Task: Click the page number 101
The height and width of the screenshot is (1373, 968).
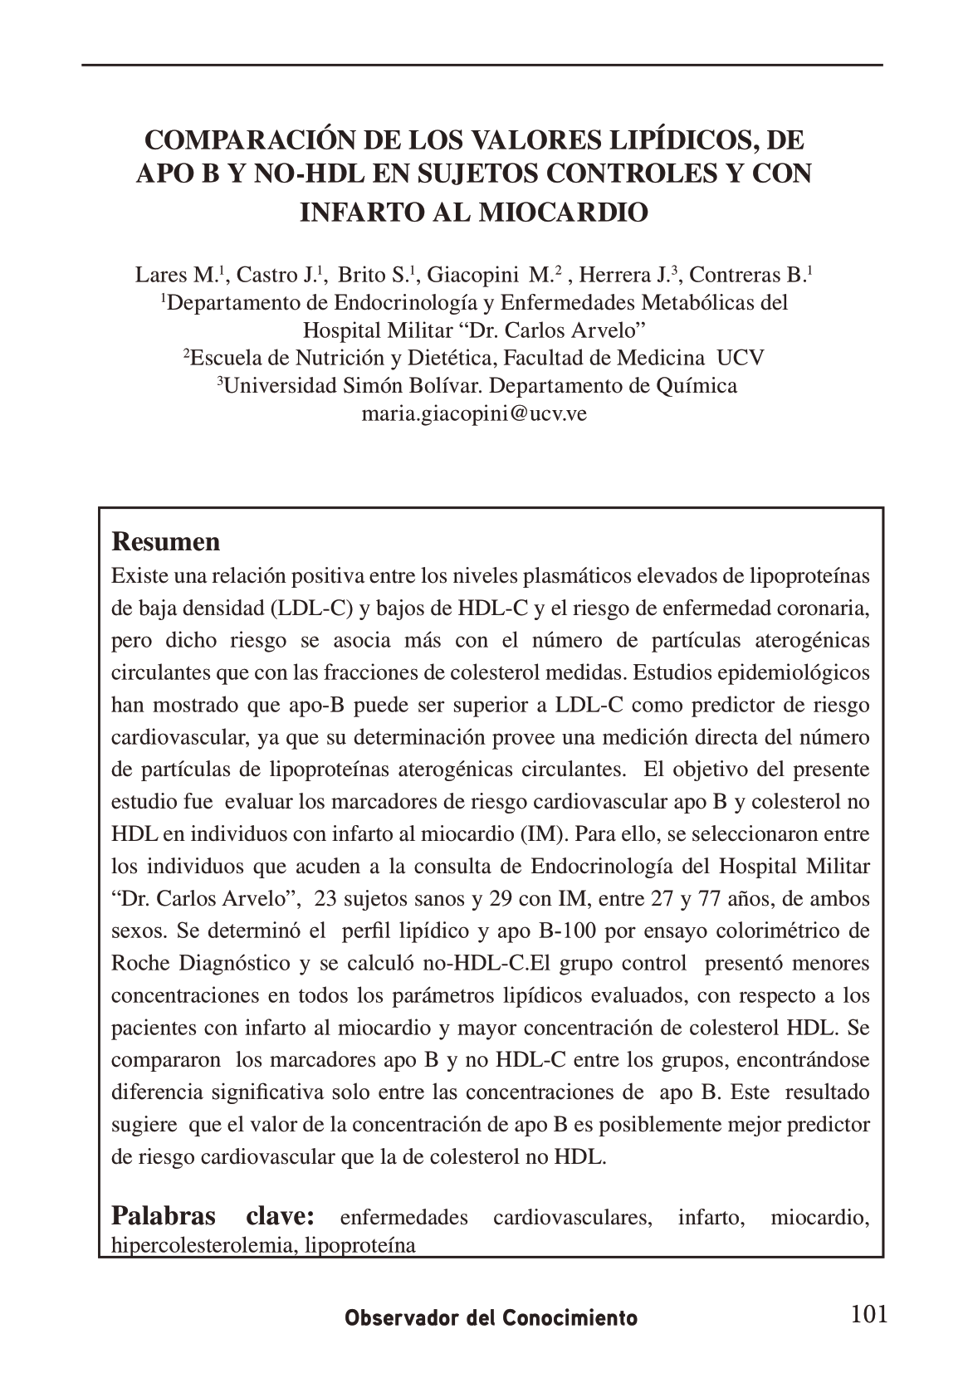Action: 869,1314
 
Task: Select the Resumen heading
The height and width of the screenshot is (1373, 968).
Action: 166,542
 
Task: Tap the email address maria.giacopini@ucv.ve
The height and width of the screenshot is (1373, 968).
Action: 474,413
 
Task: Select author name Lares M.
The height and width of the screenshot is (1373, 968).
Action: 180,275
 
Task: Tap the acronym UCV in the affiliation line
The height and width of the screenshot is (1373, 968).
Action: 741,358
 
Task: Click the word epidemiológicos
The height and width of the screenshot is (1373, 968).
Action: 799,672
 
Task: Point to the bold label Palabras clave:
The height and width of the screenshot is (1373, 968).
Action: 213,1217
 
